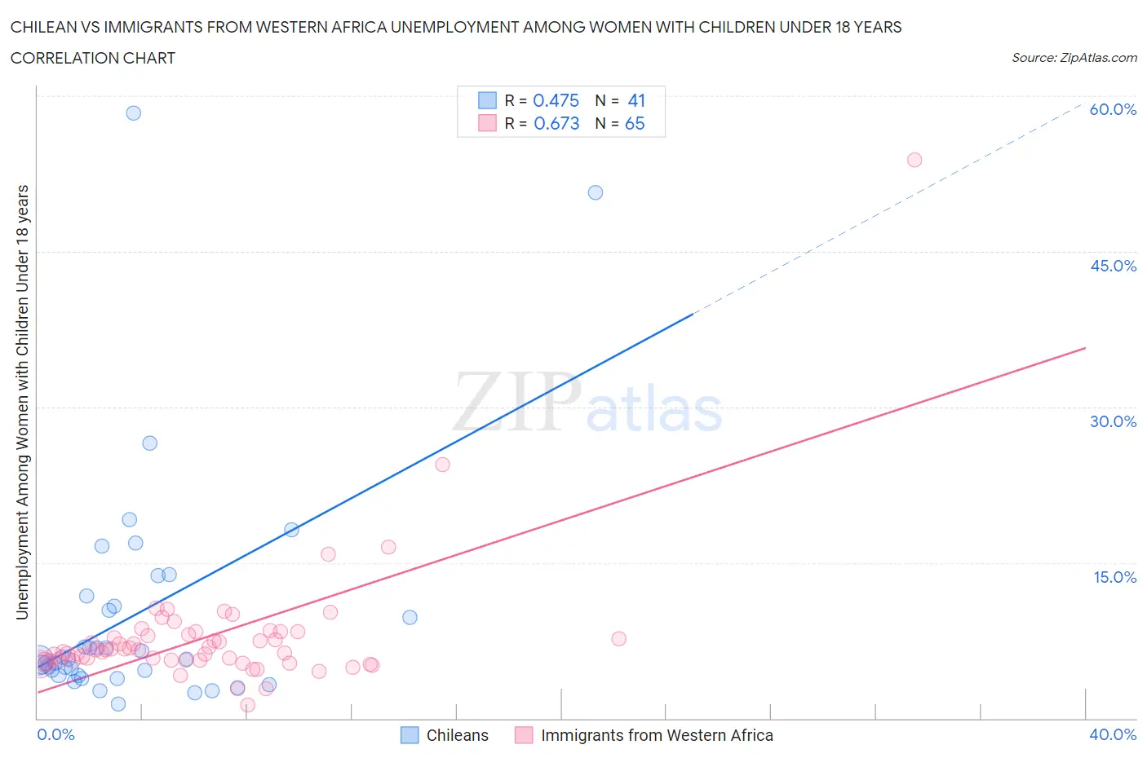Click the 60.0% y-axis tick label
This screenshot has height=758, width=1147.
1113,109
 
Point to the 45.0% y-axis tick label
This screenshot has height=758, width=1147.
1113,266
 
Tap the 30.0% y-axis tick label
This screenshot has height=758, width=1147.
1113,421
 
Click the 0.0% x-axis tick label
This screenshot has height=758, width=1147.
55,734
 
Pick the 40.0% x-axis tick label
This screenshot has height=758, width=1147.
1113,734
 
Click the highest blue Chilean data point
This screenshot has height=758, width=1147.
134,113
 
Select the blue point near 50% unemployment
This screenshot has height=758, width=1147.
596,193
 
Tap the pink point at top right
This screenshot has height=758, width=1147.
914,160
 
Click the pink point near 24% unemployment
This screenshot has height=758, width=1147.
442,465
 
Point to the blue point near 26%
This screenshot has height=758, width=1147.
150,443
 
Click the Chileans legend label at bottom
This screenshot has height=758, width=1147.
457,735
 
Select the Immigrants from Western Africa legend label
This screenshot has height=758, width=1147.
657,735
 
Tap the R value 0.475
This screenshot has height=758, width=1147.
556,100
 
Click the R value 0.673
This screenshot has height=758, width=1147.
556,123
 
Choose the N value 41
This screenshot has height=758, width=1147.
636,100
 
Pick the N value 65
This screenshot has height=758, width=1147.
635,123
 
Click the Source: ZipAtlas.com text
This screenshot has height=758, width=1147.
1074,58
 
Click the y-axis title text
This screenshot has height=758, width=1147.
22,402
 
